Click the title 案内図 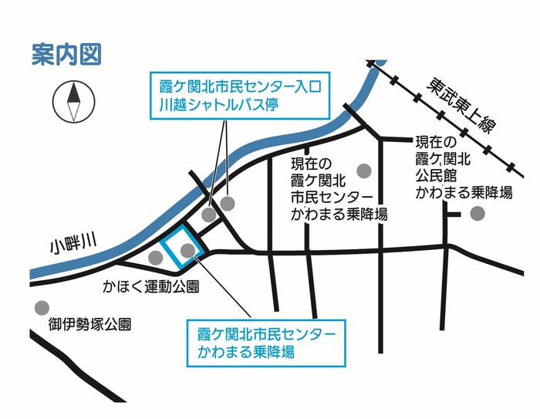pos(66,56)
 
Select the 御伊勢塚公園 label pos(89,323)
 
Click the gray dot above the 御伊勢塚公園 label pos(41,306)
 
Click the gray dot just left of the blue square pos(154,255)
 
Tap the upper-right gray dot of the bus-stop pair pos(228,203)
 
